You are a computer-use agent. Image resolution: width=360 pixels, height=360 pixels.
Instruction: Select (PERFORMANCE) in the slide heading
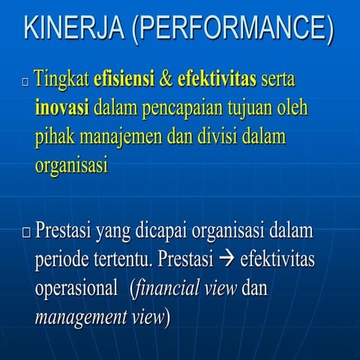click(229, 28)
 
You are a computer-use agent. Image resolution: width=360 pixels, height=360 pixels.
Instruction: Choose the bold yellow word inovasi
click(62, 108)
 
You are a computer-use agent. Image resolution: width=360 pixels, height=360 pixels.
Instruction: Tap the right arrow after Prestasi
click(226, 260)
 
